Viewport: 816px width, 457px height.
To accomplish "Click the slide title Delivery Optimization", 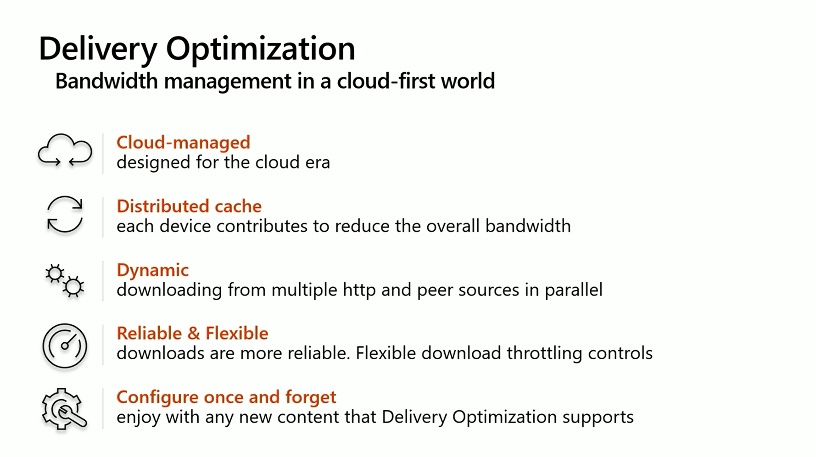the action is (x=197, y=49).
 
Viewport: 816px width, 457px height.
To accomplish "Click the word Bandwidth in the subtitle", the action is (x=106, y=81).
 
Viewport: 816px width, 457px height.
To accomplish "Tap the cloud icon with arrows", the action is (x=65, y=150).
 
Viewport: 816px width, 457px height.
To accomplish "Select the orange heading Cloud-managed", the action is (x=183, y=143).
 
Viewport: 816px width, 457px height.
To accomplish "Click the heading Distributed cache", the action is (x=189, y=206).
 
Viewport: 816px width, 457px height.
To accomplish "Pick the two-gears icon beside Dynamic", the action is (x=65, y=280).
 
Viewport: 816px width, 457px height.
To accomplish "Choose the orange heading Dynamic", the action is (x=153, y=270).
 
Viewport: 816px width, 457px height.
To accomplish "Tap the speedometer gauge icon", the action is (x=65, y=346).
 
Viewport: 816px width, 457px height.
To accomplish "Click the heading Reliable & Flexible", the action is (x=192, y=333).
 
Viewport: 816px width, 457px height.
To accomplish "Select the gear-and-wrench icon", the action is (x=64, y=409).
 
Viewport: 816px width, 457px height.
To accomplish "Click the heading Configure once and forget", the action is (x=226, y=397).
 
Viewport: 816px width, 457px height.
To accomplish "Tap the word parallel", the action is (x=574, y=290).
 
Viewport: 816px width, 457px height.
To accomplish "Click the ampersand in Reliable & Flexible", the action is (x=194, y=334).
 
